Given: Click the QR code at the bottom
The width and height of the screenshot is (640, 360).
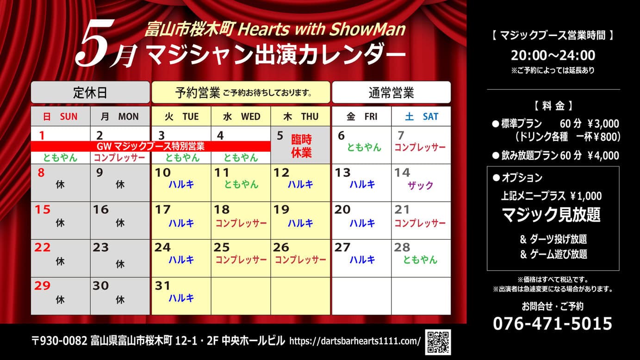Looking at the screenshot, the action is coord(438,342).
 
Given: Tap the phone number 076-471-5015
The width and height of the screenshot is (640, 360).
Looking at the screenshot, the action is coord(553,323).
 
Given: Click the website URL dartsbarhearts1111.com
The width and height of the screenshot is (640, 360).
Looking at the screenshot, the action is coord(355,341).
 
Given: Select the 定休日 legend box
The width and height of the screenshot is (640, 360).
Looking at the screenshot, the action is coord(90,92).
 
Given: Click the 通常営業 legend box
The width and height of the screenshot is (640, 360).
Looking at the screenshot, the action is coord(391,92).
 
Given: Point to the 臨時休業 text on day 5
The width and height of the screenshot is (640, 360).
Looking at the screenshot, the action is coord(301,146).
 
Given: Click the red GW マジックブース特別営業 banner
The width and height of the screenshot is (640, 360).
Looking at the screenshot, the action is coord(150,146).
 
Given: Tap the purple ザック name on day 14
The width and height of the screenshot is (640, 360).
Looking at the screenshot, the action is coord(420,185).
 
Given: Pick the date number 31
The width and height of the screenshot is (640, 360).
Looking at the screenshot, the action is coord(162,286).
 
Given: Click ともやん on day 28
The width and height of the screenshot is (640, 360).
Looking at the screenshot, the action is coord(420,260).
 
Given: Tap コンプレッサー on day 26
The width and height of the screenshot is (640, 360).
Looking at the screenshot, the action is coord(300,260).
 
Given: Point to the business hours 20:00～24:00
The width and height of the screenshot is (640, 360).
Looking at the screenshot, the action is coord(553,55).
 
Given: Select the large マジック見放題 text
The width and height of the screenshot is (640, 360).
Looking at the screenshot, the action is coord(551,215).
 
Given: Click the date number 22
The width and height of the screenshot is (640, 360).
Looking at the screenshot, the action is coord(42,248).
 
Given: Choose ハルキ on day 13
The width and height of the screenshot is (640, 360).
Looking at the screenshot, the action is coord(362,184).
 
